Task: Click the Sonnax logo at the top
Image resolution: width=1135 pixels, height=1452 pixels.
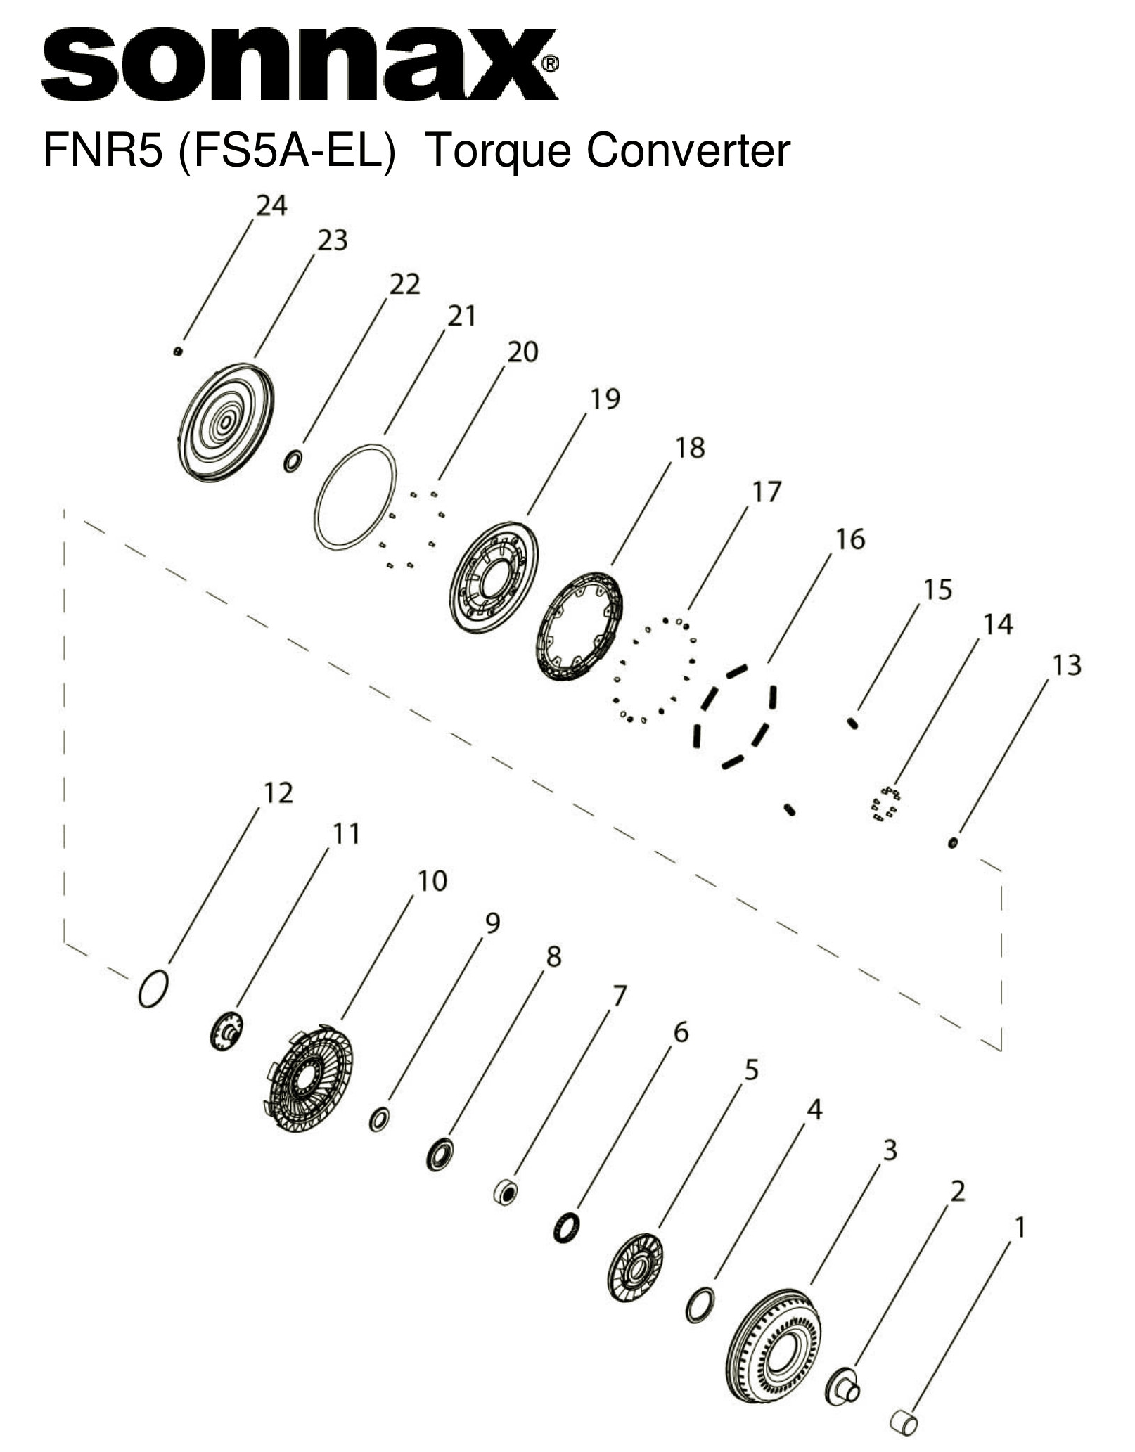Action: pos(299,65)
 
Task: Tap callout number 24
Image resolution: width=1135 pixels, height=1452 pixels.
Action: pos(271,206)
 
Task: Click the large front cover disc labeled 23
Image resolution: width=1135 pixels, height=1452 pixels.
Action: pos(226,423)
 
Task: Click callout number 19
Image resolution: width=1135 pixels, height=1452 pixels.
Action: pos(605,399)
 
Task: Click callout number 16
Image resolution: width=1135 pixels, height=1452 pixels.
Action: pos(849,539)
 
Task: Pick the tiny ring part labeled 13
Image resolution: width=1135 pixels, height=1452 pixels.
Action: pos(953,842)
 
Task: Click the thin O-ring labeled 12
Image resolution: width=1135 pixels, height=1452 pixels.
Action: pos(153,989)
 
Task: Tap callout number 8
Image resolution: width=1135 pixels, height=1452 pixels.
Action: pos(553,957)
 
